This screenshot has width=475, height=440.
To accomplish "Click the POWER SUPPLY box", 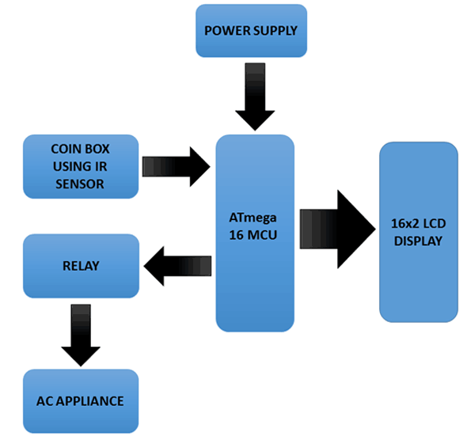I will pyautogui.click(x=251, y=31).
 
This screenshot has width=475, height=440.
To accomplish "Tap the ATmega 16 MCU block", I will pyautogui.click(x=255, y=233).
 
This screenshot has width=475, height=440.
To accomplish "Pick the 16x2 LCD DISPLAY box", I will pyautogui.click(x=418, y=232).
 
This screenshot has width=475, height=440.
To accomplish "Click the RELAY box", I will pyautogui.click(x=80, y=266).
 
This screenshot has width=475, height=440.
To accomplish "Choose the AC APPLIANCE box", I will pyautogui.click(x=80, y=401).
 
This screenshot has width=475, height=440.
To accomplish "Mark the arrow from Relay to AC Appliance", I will pyautogui.click(x=80, y=333).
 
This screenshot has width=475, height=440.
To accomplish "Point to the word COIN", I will pyautogui.click(x=66, y=149).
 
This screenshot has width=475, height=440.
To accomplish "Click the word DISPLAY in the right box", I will pyautogui.click(x=418, y=241).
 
